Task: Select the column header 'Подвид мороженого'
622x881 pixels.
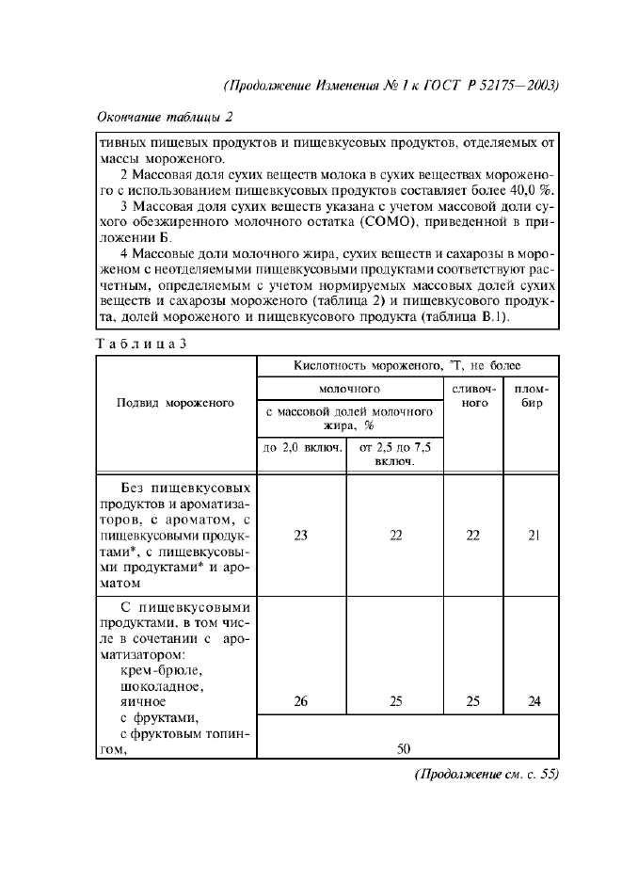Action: tap(175, 403)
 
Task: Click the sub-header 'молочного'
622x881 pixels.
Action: tap(349, 387)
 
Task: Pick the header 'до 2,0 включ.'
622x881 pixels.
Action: tap(301, 450)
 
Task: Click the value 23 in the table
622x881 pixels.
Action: tap(301, 536)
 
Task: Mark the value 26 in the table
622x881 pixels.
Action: tap(301, 701)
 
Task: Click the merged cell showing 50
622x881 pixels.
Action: tap(403, 748)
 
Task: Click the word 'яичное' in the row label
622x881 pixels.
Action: tap(144, 701)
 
